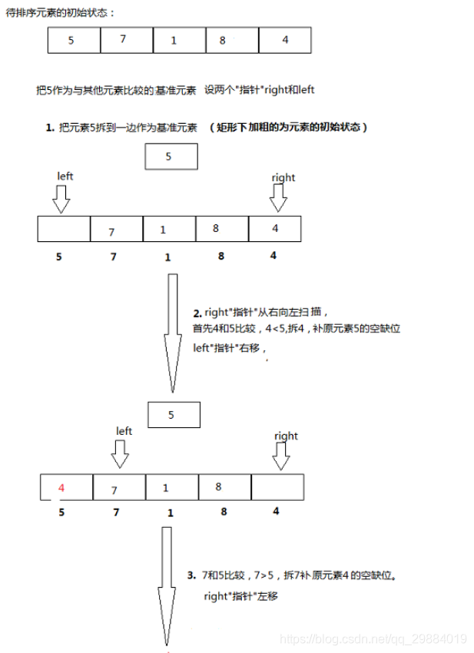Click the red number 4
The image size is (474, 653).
tap(61, 488)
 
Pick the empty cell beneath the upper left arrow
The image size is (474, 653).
tap(64, 229)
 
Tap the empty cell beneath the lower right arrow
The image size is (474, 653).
tap(277, 487)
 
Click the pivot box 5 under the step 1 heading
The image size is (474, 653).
tap(171, 157)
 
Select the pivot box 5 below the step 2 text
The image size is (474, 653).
tap(173, 415)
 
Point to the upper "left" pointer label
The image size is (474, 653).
tap(65, 176)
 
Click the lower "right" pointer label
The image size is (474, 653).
tap(286, 436)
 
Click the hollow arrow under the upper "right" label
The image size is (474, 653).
tap(279, 199)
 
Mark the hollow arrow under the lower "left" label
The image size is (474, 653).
tap(121, 456)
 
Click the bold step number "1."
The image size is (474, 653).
tap(50, 128)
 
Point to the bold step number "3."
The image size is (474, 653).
tap(191, 575)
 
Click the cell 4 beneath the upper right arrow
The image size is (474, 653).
tap(275, 229)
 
